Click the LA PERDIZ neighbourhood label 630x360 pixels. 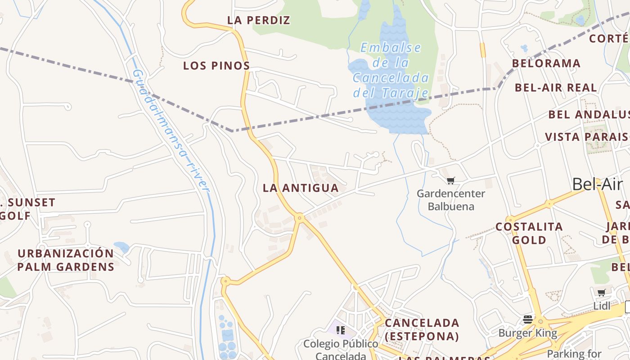[x=259, y=20]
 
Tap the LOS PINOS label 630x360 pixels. [x=216, y=66]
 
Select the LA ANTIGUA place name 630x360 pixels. [x=301, y=188]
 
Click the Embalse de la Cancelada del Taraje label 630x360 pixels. [x=391, y=70]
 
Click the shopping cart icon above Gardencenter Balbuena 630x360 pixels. [x=451, y=180]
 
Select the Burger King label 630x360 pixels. [x=527, y=333]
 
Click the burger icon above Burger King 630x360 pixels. [x=528, y=319]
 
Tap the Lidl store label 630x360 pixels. [x=602, y=306]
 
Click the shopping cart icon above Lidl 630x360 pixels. [x=602, y=293]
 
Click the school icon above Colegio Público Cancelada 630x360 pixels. [x=341, y=330]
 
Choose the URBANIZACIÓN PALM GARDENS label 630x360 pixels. [x=66, y=260]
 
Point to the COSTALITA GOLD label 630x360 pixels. [x=529, y=233]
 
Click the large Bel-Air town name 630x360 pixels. [x=598, y=184]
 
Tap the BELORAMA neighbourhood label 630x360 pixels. [x=546, y=63]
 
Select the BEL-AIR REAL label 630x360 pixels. [x=556, y=87]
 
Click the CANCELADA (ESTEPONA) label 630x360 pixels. [x=422, y=329]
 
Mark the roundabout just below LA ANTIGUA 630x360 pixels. [x=299, y=218]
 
